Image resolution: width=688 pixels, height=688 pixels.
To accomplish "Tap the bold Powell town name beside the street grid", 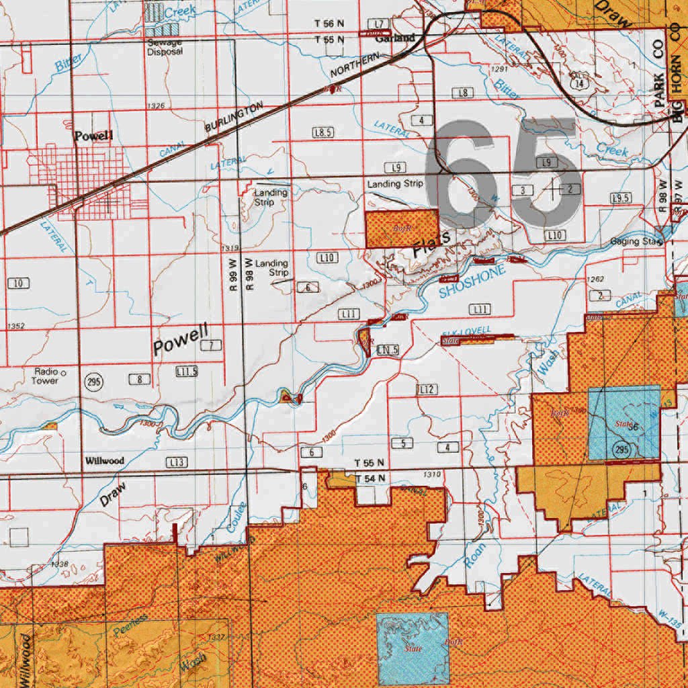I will point(93,136).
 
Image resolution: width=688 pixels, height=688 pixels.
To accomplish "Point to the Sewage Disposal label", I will point(165,46).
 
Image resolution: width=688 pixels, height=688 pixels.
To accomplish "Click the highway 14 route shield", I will point(577,84).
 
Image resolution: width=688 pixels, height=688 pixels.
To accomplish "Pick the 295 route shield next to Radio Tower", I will point(93,381).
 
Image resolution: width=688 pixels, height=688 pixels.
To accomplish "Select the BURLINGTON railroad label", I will point(233,120).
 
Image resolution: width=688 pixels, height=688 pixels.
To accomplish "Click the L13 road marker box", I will point(177,462).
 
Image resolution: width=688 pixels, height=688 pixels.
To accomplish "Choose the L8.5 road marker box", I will point(322,132).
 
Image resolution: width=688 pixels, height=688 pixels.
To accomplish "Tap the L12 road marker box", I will point(427,390).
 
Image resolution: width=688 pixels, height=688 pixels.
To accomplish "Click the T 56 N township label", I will point(329,24).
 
